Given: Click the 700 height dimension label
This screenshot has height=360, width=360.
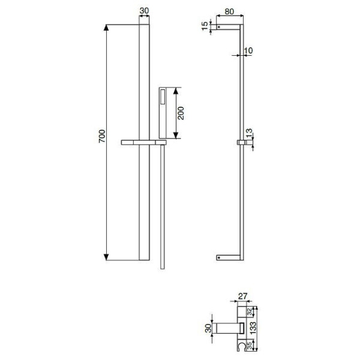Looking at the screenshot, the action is coord(102,136).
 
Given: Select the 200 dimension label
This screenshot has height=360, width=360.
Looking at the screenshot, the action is coord(181,113).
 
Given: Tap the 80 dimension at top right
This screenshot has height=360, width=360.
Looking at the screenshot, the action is coord(229,11).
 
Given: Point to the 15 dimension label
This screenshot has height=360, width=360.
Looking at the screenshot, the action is coord(205,26).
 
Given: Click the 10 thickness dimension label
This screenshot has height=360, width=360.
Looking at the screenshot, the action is coord(248,50).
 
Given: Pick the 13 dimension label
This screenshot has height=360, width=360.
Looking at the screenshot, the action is coord(249,133).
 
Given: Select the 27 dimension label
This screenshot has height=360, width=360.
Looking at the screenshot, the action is coord(242,296).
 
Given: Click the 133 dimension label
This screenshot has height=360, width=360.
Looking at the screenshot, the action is coord(253,328).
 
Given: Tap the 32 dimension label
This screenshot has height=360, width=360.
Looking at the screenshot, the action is coord(250,312).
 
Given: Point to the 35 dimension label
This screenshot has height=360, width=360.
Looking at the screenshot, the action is coord(250,346).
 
